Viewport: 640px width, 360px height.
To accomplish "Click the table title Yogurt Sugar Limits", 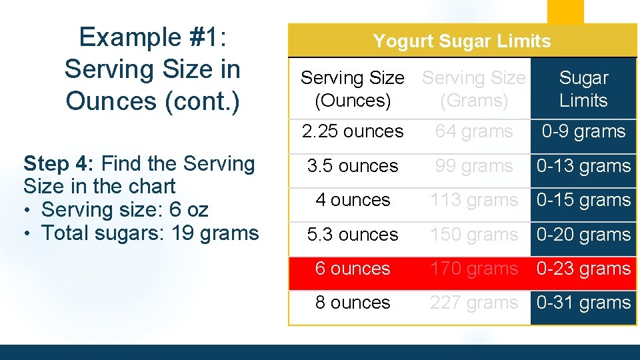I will coord(462,41).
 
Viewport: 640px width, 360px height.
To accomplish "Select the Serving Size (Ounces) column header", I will coord(352,89).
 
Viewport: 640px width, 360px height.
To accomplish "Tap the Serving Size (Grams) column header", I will coord(474,89).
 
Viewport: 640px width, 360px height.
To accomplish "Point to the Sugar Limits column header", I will coord(583,89).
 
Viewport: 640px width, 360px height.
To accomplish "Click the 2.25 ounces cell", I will coord(353,131).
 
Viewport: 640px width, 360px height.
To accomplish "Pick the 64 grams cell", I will coord(474,131).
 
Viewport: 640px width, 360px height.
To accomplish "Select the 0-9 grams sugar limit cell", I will coord(583,131).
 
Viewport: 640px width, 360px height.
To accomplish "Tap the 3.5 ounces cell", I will coord(353,166).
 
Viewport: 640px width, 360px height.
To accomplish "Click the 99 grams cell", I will coord(474,166).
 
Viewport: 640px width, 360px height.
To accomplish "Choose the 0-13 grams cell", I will coord(583,166).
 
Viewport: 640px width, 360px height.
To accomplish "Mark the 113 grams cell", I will coord(474,200).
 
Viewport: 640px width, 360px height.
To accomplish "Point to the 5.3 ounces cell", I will coord(353,235).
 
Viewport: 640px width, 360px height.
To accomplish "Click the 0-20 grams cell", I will coord(583,235).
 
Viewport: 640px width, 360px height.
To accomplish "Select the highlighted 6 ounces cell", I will coord(353,269).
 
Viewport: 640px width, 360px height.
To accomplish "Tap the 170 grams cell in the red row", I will coord(474,269).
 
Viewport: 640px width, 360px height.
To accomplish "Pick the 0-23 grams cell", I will coord(583,269).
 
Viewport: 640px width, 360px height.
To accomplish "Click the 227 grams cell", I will coord(474,303).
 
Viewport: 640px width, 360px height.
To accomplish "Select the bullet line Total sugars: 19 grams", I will coord(150,233).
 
